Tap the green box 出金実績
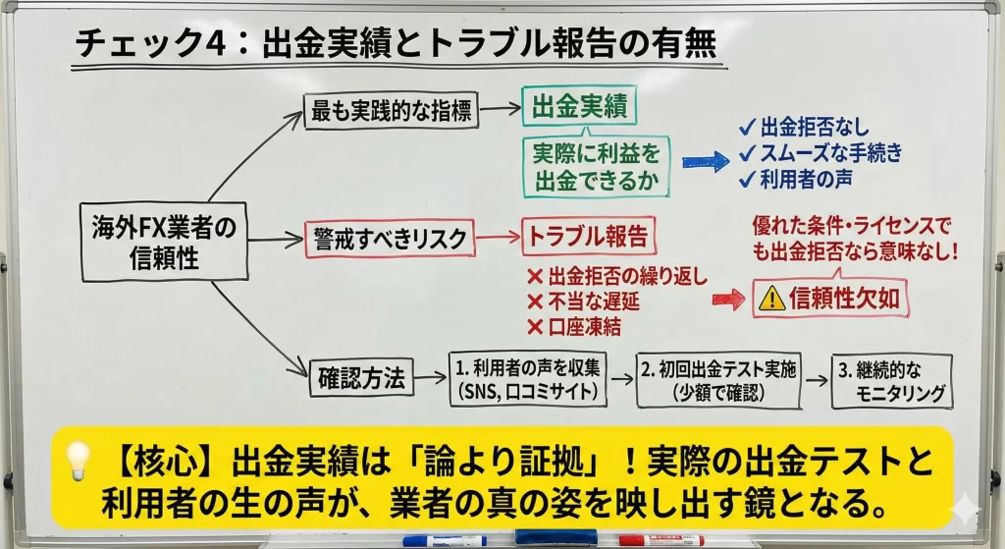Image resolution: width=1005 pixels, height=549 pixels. pyautogui.click(x=579, y=107)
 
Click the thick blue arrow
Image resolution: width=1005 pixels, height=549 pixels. pyautogui.click(x=705, y=164)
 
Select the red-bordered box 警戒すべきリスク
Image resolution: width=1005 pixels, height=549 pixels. pyautogui.click(x=390, y=238)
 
